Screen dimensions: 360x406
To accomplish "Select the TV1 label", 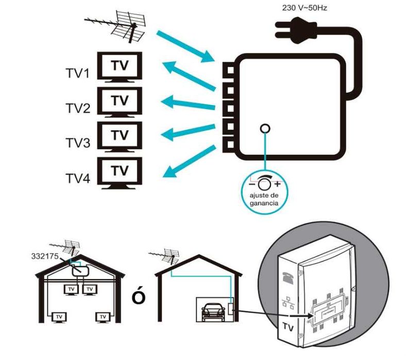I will click(x=78, y=74).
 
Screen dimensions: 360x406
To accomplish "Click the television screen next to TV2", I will click(x=120, y=101).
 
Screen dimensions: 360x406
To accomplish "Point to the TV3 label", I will click(x=78, y=143).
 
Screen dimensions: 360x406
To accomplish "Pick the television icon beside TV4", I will click(x=120, y=172).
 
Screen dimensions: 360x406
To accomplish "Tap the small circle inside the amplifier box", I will click(x=265, y=129).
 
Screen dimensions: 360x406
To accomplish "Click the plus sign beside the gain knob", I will click(x=278, y=184).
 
